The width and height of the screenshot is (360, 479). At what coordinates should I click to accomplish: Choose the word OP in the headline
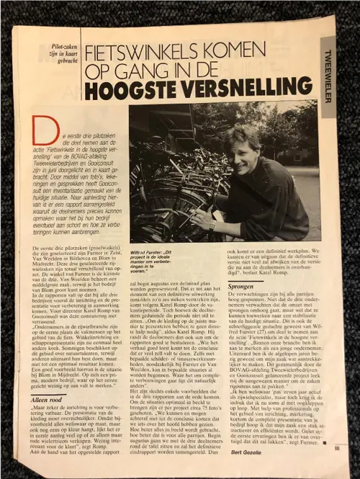coord(97,73)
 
